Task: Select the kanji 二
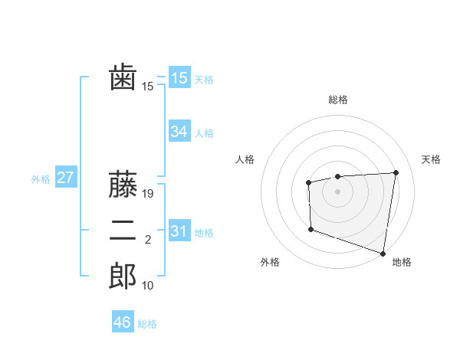pyautogui.click(x=123, y=231)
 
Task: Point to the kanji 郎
pyautogui.click(x=123, y=276)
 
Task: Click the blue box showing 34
pyautogui.click(x=179, y=132)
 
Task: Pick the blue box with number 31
pyautogui.click(x=179, y=231)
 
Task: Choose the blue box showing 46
pyautogui.click(x=123, y=322)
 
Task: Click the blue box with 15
pyautogui.click(x=179, y=78)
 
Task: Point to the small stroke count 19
pyautogui.click(x=149, y=195)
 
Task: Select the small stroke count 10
pyautogui.click(x=148, y=286)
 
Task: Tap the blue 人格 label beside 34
pyautogui.click(x=204, y=133)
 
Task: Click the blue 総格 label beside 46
pyautogui.click(x=147, y=324)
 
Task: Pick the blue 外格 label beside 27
pyautogui.click(x=41, y=179)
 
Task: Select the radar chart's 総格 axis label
pyautogui.click(x=337, y=100)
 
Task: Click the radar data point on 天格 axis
pyautogui.click(x=396, y=172)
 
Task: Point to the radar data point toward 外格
pyautogui.click(x=310, y=228)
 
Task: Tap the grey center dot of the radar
pyautogui.click(x=337, y=191)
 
